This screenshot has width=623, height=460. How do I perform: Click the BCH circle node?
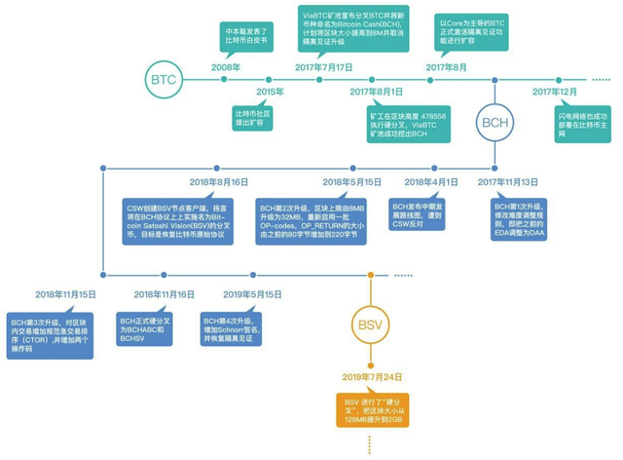coord(496,122)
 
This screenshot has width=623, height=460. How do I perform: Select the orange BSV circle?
coord(371,324)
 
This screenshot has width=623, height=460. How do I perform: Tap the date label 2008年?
coord(226,67)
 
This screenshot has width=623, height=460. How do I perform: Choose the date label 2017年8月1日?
coord(375,91)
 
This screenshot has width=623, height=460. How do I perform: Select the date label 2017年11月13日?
coord(508,182)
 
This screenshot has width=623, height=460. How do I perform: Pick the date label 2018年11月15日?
coord(66,293)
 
